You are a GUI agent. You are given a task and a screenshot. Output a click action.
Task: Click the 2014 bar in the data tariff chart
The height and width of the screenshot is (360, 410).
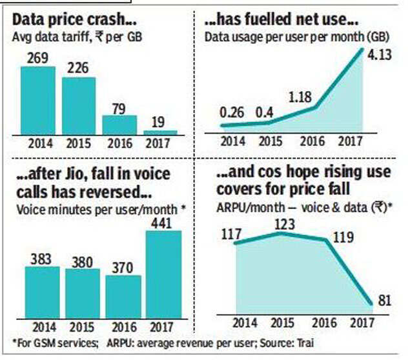click(39, 100)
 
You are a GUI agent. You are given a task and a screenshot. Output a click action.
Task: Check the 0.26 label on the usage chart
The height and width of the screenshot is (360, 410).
click(232, 112)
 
